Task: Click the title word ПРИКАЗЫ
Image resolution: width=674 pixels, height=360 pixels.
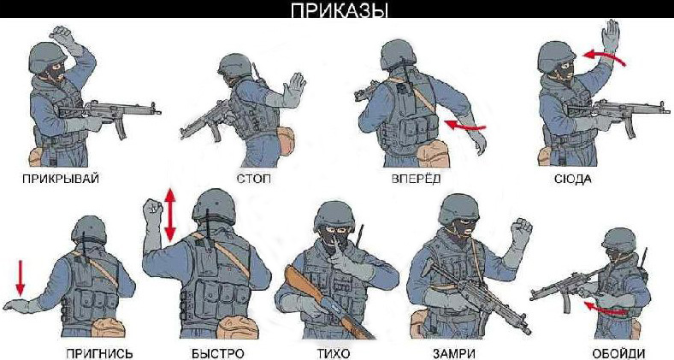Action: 340,10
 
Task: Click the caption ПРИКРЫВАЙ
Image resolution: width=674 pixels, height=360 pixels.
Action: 61,178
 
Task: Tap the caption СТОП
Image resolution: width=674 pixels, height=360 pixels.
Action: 255,178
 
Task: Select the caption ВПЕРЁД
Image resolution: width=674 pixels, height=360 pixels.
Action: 416,178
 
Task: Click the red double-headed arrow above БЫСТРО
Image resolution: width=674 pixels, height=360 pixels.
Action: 171,215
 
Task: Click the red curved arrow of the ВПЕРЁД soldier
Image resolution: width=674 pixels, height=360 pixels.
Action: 465,126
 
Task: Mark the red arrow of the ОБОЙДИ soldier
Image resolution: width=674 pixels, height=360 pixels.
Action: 605,309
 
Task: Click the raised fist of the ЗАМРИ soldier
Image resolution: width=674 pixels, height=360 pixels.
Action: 520,230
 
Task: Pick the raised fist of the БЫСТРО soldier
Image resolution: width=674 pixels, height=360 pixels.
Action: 153,211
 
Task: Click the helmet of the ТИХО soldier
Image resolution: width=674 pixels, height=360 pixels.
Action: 334,216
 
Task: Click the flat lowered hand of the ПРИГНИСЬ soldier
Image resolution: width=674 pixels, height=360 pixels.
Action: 21,305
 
